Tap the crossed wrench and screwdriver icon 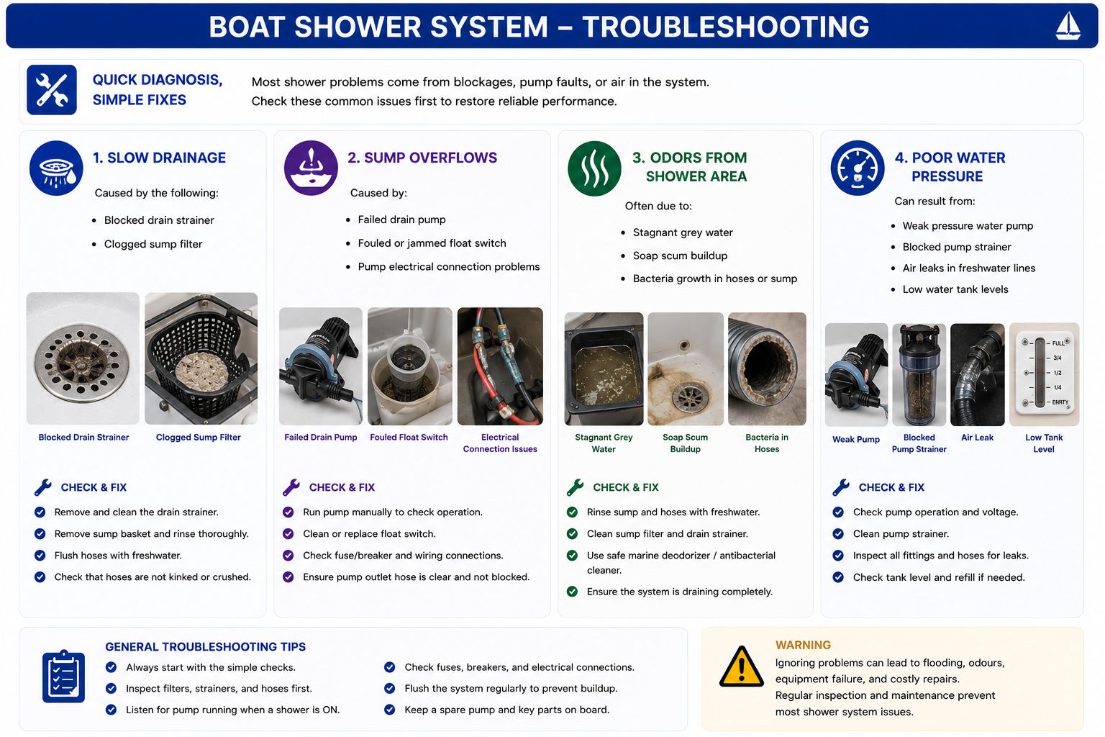pos(52,90)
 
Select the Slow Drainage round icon pos(56,168)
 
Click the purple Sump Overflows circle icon pos(311,168)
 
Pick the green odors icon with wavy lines pos(594,168)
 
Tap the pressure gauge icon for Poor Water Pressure pos(858,168)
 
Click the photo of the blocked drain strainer pos(83,358)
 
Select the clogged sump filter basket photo pos(201,358)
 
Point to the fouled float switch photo pos(410,366)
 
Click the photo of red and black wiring pos(500,366)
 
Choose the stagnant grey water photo pos(604,368)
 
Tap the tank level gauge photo pos(1045,375)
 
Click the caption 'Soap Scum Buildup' pos(685,443)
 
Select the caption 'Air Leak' pos(977,438)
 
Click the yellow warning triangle pos(742,666)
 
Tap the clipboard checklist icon pos(63,677)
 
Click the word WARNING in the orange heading pos(803,645)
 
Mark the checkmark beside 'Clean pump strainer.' pos(838,533)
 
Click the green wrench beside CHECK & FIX pos(576,487)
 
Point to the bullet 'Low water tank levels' pos(955,289)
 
